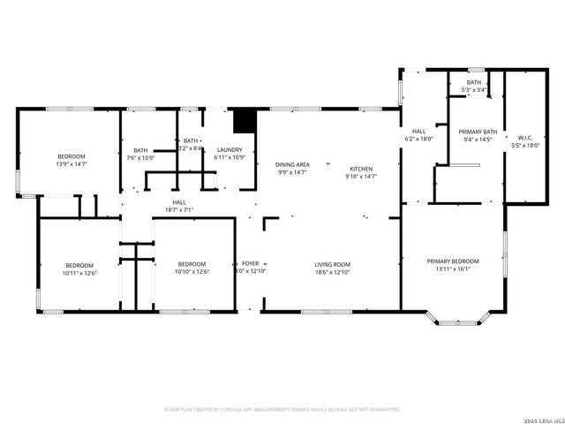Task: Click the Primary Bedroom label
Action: click(x=453, y=261)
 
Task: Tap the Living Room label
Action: click(x=333, y=264)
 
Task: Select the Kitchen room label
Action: click(x=361, y=169)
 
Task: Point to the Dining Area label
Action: click(x=292, y=165)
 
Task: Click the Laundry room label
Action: click(x=230, y=150)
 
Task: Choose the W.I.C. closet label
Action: click(x=525, y=138)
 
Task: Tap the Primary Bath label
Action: click(x=478, y=132)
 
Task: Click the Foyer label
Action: click(x=251, y=264)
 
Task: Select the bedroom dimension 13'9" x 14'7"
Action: click(x=72, y=164)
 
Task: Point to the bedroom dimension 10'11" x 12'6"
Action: click(x=79, y=272)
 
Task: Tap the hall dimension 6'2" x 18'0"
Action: click(x=419, y=140)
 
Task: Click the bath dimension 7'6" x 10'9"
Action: click(x=140, y=158)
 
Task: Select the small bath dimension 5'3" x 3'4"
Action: click(x=474, y=90)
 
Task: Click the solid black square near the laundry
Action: click(x=244, y=120)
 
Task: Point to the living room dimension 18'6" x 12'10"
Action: click(x=333, y=272)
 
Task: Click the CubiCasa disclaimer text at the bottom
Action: click(x=282, y=409)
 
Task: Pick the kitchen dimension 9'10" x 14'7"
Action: click(x=361, y=177)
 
